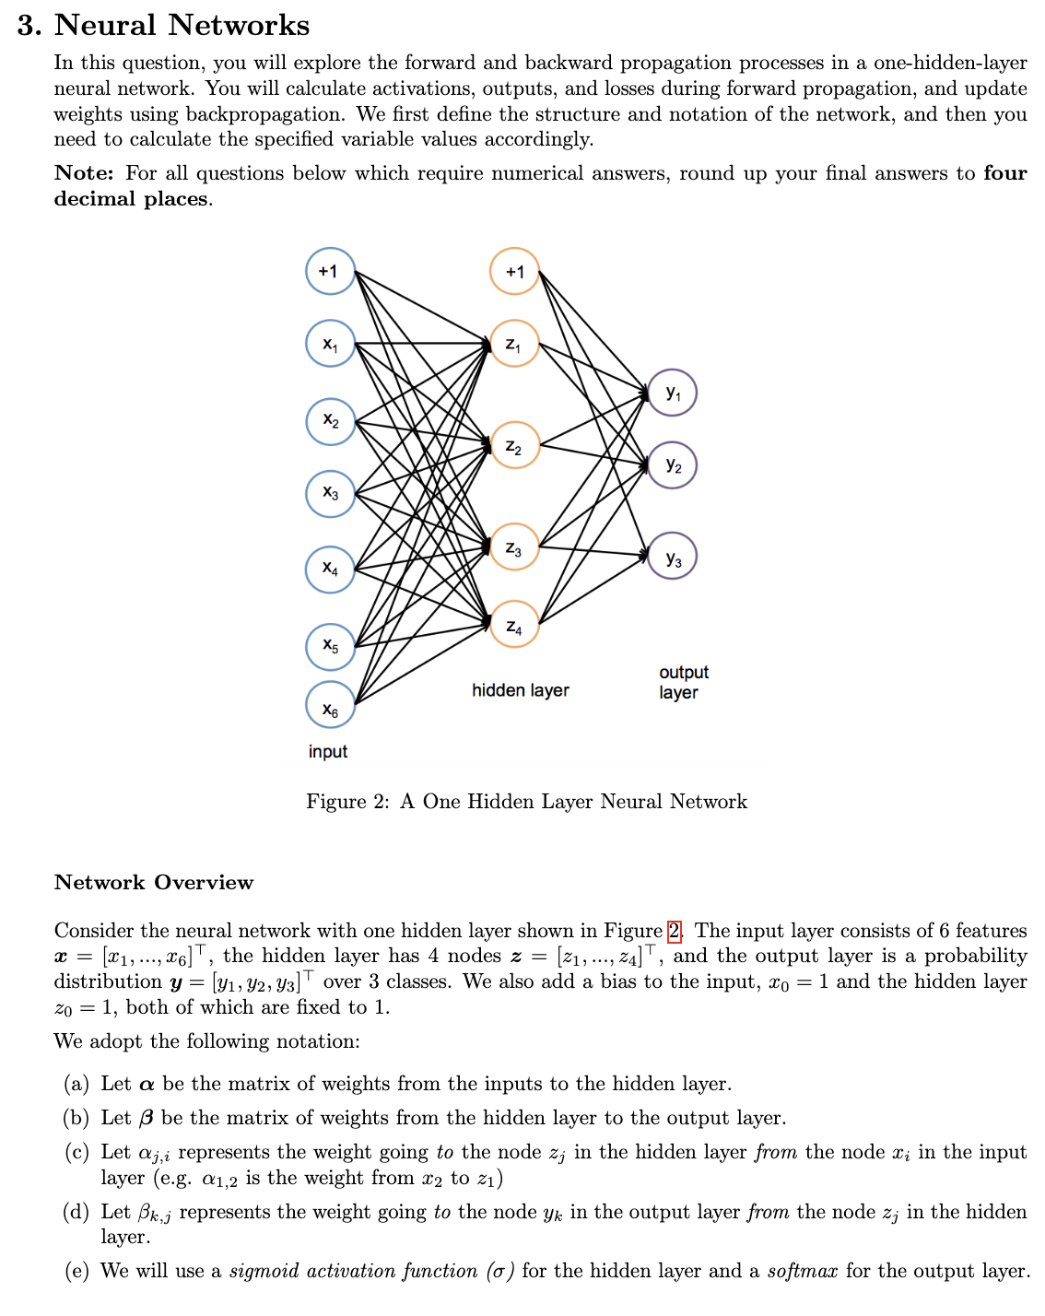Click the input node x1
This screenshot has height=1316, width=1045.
[x=330, y=344]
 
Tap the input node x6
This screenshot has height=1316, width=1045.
[x=330, y=705]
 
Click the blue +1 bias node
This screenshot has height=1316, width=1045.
[x=330, y=271]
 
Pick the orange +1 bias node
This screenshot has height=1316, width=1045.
[x=514, y=271]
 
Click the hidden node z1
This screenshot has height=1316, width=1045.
[x=514, y=344]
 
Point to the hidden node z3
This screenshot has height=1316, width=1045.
[x=514, y=548]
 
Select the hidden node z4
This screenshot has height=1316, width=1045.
[x=514, y=625]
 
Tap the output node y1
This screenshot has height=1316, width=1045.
[x=673, y=393]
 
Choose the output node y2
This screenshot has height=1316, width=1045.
[x=673, y=464]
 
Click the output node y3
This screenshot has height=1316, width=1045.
[x=673, y=556]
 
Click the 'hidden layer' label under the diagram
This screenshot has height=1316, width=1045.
[x=520, y=690]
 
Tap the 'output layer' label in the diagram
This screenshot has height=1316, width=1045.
[x=683, y=682]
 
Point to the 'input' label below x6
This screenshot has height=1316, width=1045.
[x=328, y=751]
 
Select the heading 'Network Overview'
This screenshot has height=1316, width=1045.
[x=154, y=883]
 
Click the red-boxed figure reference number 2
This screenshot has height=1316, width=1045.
[x=675, y=931]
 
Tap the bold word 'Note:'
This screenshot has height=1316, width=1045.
[x=84, y=173]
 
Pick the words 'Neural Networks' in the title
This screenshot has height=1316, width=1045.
[x=182, y=25]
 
